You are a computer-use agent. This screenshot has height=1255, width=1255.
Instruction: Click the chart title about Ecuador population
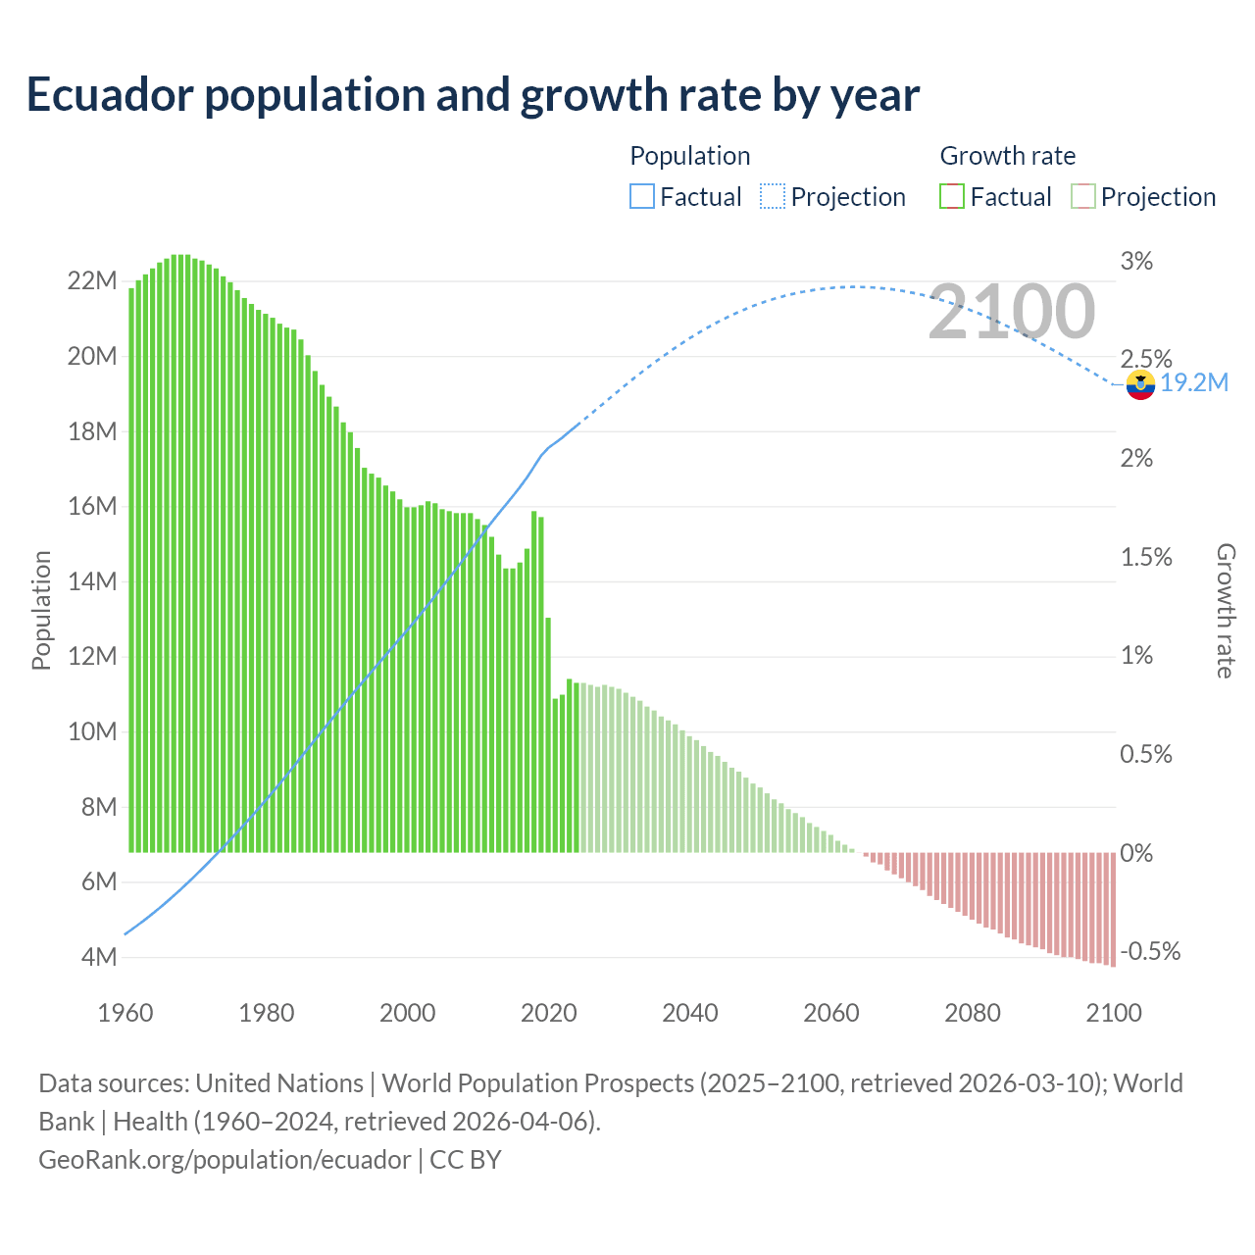tap(473, 95)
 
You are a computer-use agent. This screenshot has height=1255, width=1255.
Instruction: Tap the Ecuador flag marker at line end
tap(1140, 384)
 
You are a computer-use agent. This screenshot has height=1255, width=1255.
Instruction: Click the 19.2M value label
tap(1194, 382)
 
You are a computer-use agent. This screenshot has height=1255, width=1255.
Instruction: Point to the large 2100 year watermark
tap(1011, 312)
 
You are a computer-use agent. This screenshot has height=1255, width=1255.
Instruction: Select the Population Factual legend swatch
tap(641, 197)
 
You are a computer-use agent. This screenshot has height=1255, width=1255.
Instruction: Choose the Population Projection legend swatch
tap(773, 197)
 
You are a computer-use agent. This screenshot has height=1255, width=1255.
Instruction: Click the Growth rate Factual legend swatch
tap(952, 197)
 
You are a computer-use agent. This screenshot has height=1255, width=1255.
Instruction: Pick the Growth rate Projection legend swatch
tap(1082, 197)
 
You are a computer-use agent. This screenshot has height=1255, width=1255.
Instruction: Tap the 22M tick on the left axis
tap(92, 281)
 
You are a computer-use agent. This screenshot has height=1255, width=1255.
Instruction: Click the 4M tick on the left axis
tap(97, 957)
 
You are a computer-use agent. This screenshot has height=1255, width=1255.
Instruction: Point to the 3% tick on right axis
tap(1136, 262)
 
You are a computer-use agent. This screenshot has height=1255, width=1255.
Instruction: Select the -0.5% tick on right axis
tap(1150, 952)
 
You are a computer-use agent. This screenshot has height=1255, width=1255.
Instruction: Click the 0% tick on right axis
tap(1136, 853)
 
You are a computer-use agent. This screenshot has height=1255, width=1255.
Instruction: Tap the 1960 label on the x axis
tap(125, 1013)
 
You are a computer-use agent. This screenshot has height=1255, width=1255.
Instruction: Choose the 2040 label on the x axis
tap(690, 1013)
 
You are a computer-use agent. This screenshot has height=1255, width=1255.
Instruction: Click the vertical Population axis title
tap(41, 610)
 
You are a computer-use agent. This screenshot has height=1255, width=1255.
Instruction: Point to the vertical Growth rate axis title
tap(1225, 610)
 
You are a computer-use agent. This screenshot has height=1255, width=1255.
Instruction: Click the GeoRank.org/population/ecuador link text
tap(225, 1160)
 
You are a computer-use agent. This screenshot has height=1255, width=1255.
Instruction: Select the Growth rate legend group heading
tap(1007, 156)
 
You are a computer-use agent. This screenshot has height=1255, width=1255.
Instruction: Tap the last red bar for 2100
tap(1113, 909)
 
